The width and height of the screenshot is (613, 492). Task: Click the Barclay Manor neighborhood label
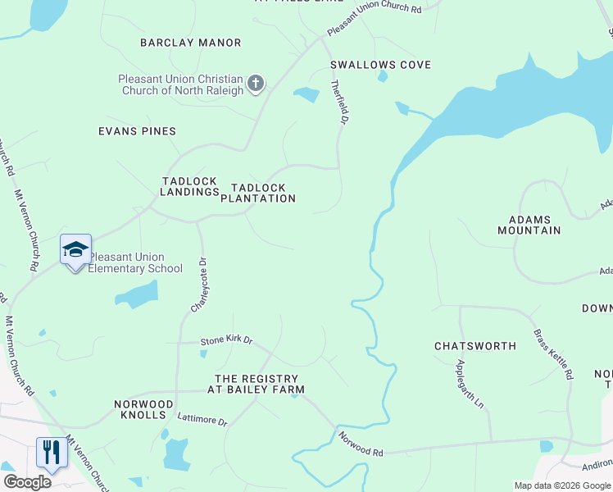click(190, 43)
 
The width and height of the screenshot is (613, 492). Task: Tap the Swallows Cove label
click(380, 65)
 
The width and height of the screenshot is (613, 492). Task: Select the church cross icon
click(256, 83)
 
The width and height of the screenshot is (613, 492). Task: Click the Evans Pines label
click(137, 131)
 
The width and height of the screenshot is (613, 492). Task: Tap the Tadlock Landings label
click(190, 186)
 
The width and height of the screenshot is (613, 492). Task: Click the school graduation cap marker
click(75, 249)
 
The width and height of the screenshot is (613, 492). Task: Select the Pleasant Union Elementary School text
click(135, 263)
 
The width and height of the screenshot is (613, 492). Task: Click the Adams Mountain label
click(529, 225)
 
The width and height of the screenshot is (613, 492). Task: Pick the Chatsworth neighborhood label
click(475, 346)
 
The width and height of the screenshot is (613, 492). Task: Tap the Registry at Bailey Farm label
click(259, 384)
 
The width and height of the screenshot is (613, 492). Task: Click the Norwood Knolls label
click(143, 410)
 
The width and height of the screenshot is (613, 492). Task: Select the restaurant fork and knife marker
click(51, 452)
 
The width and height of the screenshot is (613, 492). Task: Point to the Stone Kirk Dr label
click(227, 340)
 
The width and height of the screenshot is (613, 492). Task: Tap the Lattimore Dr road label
click(202, 420)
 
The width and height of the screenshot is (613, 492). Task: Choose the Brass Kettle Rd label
click(553, 353)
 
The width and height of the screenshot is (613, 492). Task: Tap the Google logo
click(27, 482)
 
